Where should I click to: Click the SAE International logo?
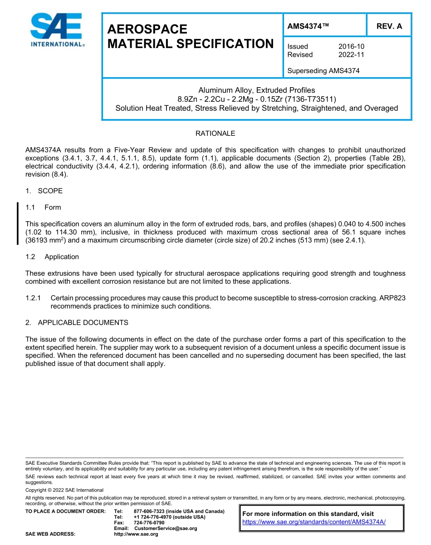point(57,30)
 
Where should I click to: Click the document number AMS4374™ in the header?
point(308,26)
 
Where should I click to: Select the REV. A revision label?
point(389,26)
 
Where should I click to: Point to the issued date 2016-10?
point(351,46)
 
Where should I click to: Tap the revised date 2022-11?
point(351,54)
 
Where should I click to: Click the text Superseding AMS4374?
point(323,70)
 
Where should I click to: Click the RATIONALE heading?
point(215,134)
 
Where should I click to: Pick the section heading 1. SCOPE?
point(44,191)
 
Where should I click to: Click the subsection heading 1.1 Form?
point(44,208)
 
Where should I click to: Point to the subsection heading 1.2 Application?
point(52,257)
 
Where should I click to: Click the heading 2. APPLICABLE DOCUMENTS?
point(77,322)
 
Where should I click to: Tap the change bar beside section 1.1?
point(18,224)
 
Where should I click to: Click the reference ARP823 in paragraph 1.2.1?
point(392,298)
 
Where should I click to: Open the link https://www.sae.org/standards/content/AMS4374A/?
point(314,522)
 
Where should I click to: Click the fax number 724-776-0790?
point(149,523)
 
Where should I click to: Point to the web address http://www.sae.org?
point(136,534)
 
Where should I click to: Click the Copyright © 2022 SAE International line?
point(64,490)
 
